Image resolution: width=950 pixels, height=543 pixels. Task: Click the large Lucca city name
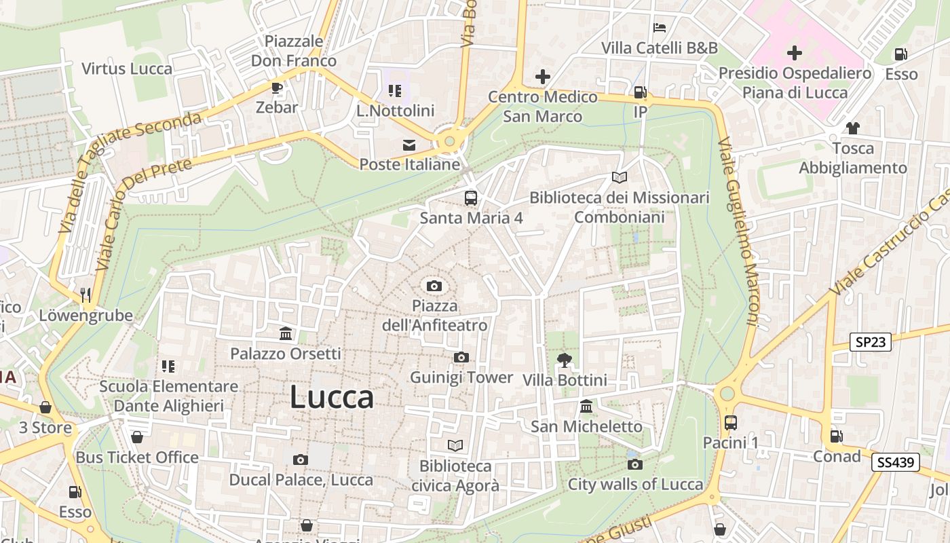[x=332, y=397]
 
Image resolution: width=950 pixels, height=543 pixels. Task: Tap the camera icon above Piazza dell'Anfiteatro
[x=434, y=286]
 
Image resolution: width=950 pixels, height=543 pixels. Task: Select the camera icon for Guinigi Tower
[x=461, y=357]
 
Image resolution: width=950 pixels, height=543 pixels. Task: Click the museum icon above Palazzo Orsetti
[x=286, y=333]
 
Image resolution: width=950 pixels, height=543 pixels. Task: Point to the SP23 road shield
[x=870, y=342]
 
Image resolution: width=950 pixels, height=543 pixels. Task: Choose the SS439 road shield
[x=896, y=463]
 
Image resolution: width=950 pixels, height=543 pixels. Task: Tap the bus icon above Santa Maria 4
[x=471, y=198]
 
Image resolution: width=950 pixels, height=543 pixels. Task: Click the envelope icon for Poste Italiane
[x=409, y=145]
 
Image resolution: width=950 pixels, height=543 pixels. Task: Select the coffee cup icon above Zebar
[x=277, y=88]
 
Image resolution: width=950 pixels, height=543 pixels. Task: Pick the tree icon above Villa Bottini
[x=564, y=360]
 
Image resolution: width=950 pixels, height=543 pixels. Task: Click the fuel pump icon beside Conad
[x=837, y=436]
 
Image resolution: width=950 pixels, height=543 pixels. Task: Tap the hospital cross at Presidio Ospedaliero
[x=795, y=52]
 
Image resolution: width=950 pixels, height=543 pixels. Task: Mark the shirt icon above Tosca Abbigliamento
[x=853, y=128]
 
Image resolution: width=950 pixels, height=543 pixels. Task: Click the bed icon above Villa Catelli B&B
[x=659, y=28]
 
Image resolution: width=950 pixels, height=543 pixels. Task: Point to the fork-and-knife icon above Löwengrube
[x=85, y=295]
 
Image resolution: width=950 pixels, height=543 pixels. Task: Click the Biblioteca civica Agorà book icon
[x=455, y=445]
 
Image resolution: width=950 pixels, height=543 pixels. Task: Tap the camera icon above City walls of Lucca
[x=635, y=464]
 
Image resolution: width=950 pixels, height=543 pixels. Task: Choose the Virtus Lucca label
[x=127, y=69]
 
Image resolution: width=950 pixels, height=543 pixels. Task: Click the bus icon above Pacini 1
[x=730, y=422]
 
